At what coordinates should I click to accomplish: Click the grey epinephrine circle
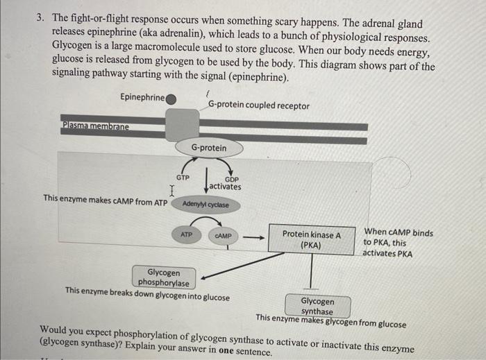tap(171, 98)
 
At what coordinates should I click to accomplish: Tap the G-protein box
tap(208, 148)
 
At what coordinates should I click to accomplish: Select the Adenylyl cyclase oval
tap(205, 205)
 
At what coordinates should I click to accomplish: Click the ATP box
tap(187, 236)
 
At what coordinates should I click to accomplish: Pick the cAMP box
tap(223, 237)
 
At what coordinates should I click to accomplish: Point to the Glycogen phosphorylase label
tap(163, 278)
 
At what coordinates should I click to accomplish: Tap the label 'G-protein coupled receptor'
tap(259, 105)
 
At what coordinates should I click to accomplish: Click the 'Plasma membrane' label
tap(95, 126)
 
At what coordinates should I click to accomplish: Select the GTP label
tap(183, 178)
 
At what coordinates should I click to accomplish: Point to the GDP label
tap(231, 179)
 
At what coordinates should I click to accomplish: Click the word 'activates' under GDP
tap(225, 187)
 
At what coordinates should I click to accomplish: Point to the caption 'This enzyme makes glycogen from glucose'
tap(330, 318)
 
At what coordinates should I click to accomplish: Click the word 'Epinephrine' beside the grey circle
tap(142, 97)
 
